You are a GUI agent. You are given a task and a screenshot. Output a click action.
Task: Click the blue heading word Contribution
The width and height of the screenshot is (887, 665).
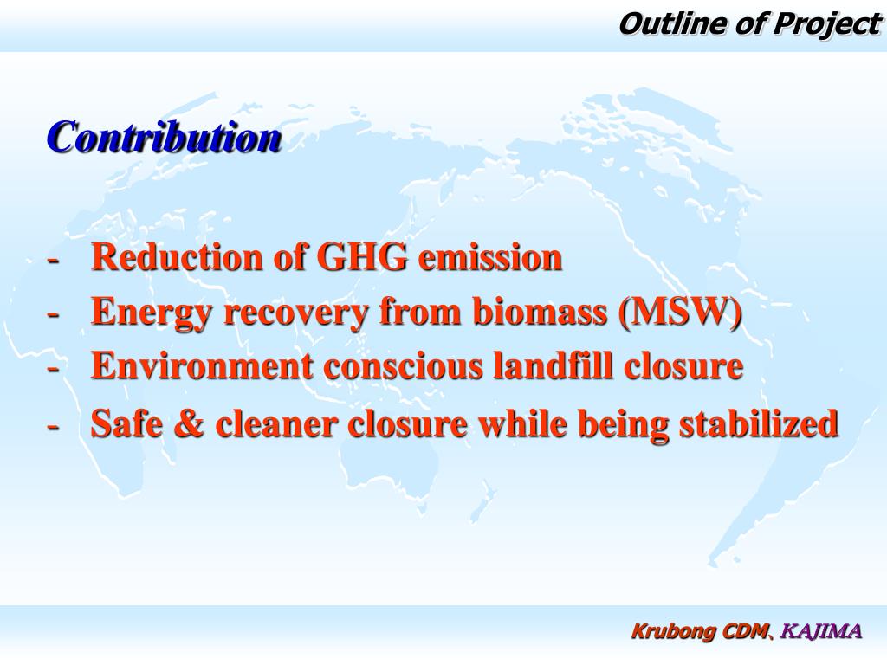[165, 138]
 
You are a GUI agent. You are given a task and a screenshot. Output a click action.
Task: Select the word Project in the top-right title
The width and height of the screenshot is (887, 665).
[825, 24]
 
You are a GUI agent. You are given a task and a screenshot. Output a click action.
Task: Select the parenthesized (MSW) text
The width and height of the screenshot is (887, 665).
[681, 312]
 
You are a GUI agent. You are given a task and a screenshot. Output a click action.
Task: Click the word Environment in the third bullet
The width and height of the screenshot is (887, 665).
[202, 366]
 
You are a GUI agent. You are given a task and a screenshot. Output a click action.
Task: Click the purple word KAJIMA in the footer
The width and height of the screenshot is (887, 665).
[821, 631]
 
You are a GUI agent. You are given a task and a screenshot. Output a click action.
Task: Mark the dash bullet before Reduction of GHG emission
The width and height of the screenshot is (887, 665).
[54, 259]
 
